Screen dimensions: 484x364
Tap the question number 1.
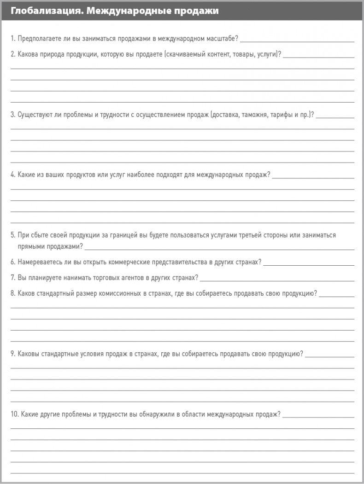[12, 38]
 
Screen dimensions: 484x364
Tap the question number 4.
[13, 175]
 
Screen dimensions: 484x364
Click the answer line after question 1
[297, 41]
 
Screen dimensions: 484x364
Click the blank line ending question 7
[277, 280]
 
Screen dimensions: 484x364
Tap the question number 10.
[14, 414]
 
